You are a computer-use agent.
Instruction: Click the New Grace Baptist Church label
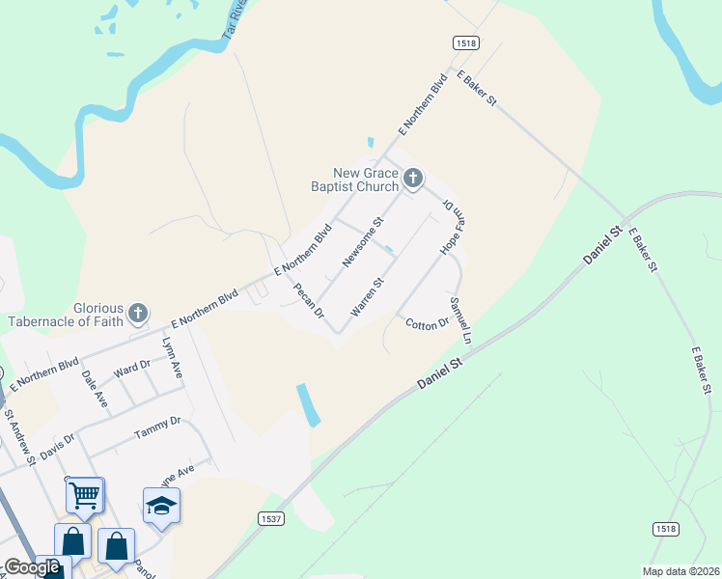pyautogui.click(x=354, y=179)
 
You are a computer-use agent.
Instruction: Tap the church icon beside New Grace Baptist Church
pyautogui.click(x=413, y=178)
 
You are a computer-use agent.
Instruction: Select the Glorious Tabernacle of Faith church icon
pyautogui.click(x=139, y=313)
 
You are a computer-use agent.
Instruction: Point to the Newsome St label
pyautogui.click(x=364, y=241)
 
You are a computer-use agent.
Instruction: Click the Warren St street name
pyautogui.click(x=368, y=296)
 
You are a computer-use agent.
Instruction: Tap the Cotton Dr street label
pyautogui.click(x=428, y=323)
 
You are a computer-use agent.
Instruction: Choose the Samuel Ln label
pyautogui.click(x=459, y=320)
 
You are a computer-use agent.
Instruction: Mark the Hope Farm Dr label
pyautogui.click(x=452, y=228)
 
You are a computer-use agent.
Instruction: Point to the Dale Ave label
pyautogui.click(x=95, y=388)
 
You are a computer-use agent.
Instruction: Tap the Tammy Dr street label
pyautogui.click(x=157, y=422)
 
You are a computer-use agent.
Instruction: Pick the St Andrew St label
pyautogui.click(x=19, y=439)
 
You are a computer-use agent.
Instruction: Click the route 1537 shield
pyautogui.click(x=272, y=518)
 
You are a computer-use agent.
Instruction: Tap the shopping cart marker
pyautogui.click(x=85, y=495)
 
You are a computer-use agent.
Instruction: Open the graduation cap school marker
pyautogui.click(x=161, y=505)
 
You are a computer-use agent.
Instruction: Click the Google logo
pyautogui.click(x=32, y=568)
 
